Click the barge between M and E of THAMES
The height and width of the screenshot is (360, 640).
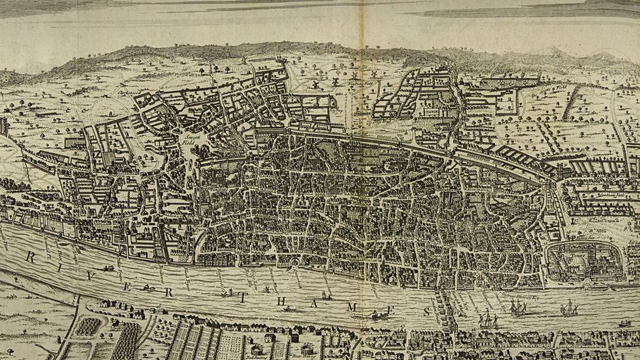click(379, 315)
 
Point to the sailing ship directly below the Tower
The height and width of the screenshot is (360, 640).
click(568, 308)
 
